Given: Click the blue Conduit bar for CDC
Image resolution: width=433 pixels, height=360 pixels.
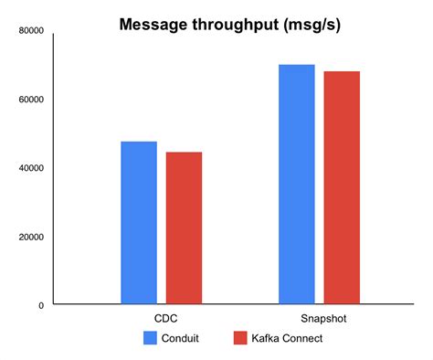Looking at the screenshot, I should [138, 223].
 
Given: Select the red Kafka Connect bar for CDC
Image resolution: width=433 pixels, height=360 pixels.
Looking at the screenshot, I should [184, 228].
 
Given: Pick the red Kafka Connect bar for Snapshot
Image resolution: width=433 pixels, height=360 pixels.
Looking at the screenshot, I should [342, 187].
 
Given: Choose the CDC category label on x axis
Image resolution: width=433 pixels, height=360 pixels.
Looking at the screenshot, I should [161, 319].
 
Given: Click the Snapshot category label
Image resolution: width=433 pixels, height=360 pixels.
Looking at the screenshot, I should [320, 319].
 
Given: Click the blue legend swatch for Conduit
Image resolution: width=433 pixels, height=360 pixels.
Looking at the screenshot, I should [151, 338].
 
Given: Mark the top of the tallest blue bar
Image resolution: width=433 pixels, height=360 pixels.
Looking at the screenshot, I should [297, 66].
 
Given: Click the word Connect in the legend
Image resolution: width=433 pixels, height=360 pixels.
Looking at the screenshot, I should [304, 338].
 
